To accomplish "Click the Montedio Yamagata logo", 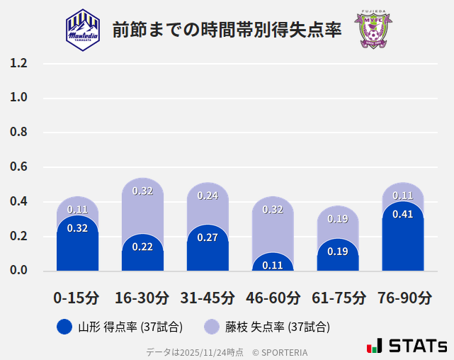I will point(83,29).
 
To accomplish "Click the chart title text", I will point(227,30).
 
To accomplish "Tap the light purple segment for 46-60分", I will point(273,223).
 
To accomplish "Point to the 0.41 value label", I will point(403,214).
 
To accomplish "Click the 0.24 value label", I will point(208,196).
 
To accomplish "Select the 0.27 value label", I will point(208,237).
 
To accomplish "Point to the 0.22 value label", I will point(143,247).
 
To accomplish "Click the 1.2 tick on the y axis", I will point(18,63).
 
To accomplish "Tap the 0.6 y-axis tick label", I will point(18,167).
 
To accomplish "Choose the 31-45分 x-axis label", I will point(208,298).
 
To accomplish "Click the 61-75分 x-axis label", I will point(338,298).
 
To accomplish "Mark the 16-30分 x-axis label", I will point(142,298).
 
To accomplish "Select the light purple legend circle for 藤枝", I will point(211,327).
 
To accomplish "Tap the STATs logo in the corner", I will point(407,346).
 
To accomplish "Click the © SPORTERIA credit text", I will point(280,351).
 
